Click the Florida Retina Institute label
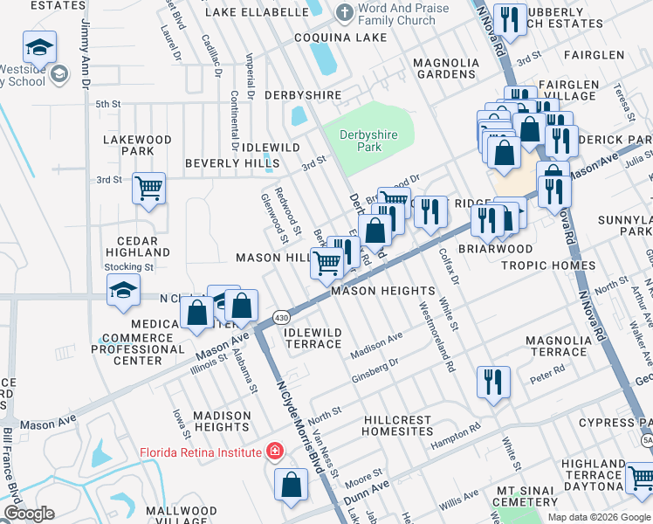click(200, 452)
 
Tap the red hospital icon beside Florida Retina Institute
click(275, 452)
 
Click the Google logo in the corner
click(29, 514)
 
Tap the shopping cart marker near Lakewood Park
click(148, 188)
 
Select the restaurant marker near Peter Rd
click(493, 382)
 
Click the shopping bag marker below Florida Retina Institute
click(291, 486)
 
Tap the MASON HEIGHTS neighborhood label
click(382, 291)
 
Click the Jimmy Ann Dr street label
click(86, 52)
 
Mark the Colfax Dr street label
click(452, 265)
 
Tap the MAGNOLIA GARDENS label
click(446, 69)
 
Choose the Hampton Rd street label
click(455, 434)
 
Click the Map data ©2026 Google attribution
click(598, 517)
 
